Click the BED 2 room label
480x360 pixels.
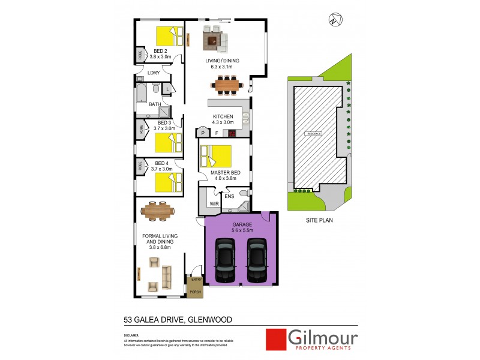pos(160,51)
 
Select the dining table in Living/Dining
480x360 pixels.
pos(228,86)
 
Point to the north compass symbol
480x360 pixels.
pos(334,20)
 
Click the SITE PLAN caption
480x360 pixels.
pos(319,220)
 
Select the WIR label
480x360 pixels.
pos(214,204)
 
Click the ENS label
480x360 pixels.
pos(229,196)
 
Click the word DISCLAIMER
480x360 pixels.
pos(131,335)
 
